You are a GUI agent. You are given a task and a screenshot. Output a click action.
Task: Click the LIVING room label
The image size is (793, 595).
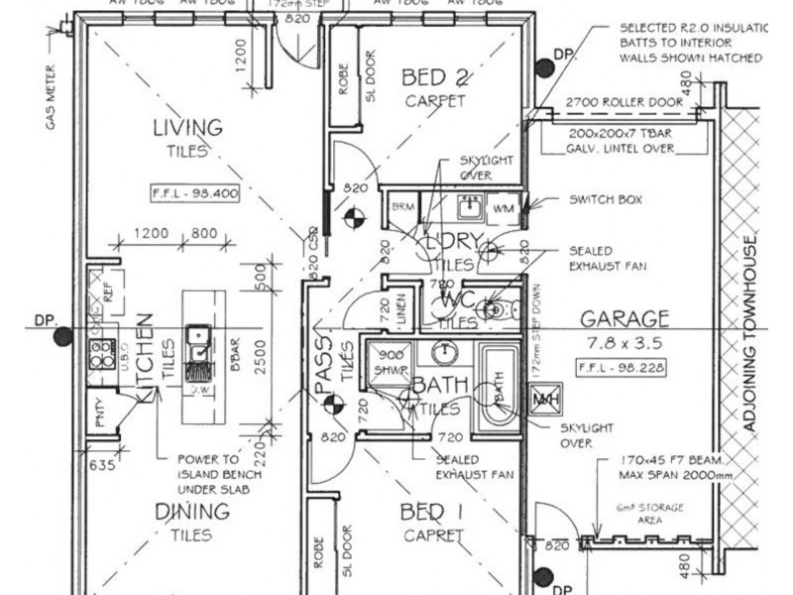pos(186,128)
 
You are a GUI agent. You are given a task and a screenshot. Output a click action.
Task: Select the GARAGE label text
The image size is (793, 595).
pos(624,319)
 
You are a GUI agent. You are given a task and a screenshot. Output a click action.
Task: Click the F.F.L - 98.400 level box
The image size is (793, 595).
pos(195,193)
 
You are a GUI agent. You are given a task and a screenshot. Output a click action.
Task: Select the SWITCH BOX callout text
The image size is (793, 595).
pos(606,199)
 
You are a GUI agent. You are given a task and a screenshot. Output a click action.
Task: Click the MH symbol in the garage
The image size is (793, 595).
pos(543,400)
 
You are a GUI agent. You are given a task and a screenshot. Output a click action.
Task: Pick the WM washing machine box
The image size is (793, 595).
pos(503,209)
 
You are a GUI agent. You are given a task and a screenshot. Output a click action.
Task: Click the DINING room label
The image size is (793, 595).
pos(191,513)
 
